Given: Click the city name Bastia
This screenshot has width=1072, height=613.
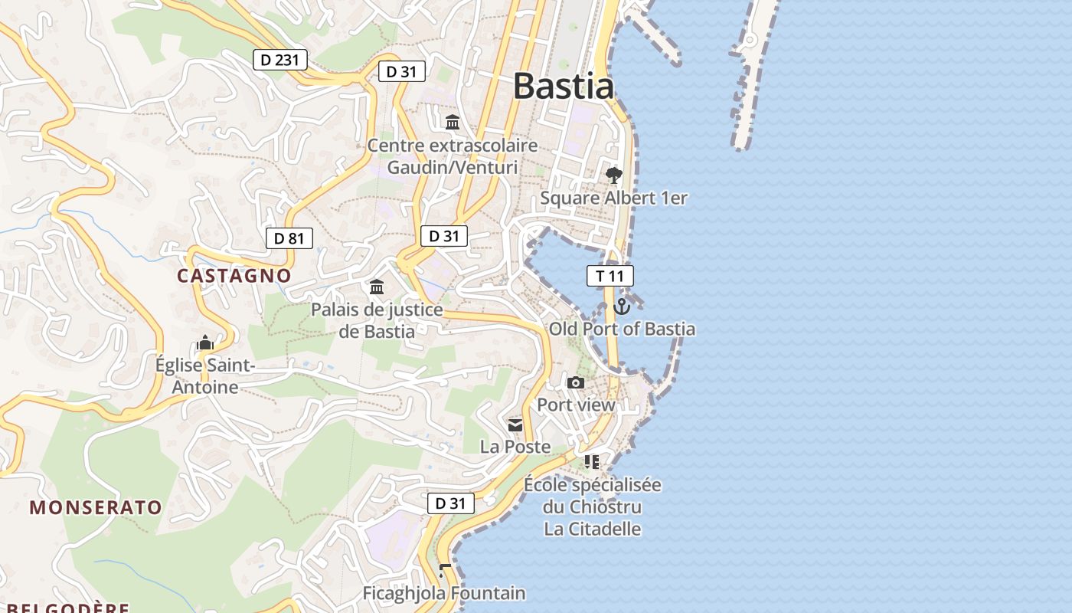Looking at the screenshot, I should point(563,86).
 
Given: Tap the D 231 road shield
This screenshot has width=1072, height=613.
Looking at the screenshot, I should point(280,59).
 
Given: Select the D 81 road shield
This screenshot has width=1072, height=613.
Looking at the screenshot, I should point(289,238).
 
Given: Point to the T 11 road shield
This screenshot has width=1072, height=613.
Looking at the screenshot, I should point(610,276).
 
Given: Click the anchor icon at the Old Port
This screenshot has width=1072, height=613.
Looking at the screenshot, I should point(622,306).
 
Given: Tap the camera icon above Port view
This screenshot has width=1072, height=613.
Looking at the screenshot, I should point(576,382).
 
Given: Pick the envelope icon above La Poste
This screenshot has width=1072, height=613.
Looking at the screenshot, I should point(515,425).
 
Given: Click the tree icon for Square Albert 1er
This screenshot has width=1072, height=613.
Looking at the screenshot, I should point(613,175).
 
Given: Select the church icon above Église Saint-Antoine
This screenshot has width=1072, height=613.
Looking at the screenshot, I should point(204,343).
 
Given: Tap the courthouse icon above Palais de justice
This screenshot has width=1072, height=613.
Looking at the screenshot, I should point(377,287).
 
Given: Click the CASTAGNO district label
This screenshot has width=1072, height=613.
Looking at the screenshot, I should point(234,276).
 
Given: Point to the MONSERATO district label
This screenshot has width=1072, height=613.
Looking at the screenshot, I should point(96,507).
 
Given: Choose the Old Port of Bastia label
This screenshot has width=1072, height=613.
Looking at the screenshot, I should point(622,329).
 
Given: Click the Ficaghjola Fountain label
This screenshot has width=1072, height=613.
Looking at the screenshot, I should point(444,593).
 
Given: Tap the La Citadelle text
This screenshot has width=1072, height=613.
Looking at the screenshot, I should point(593,529).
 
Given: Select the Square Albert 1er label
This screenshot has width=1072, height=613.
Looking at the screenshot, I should point(613,198).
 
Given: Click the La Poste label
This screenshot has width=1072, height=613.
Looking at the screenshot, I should point(515,446).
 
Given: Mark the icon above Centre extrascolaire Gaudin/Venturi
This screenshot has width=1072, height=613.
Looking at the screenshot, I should point(453,123).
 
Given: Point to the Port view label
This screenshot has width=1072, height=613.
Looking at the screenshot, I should point(576,405).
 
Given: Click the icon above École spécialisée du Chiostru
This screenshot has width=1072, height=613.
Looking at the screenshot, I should point(592,461).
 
